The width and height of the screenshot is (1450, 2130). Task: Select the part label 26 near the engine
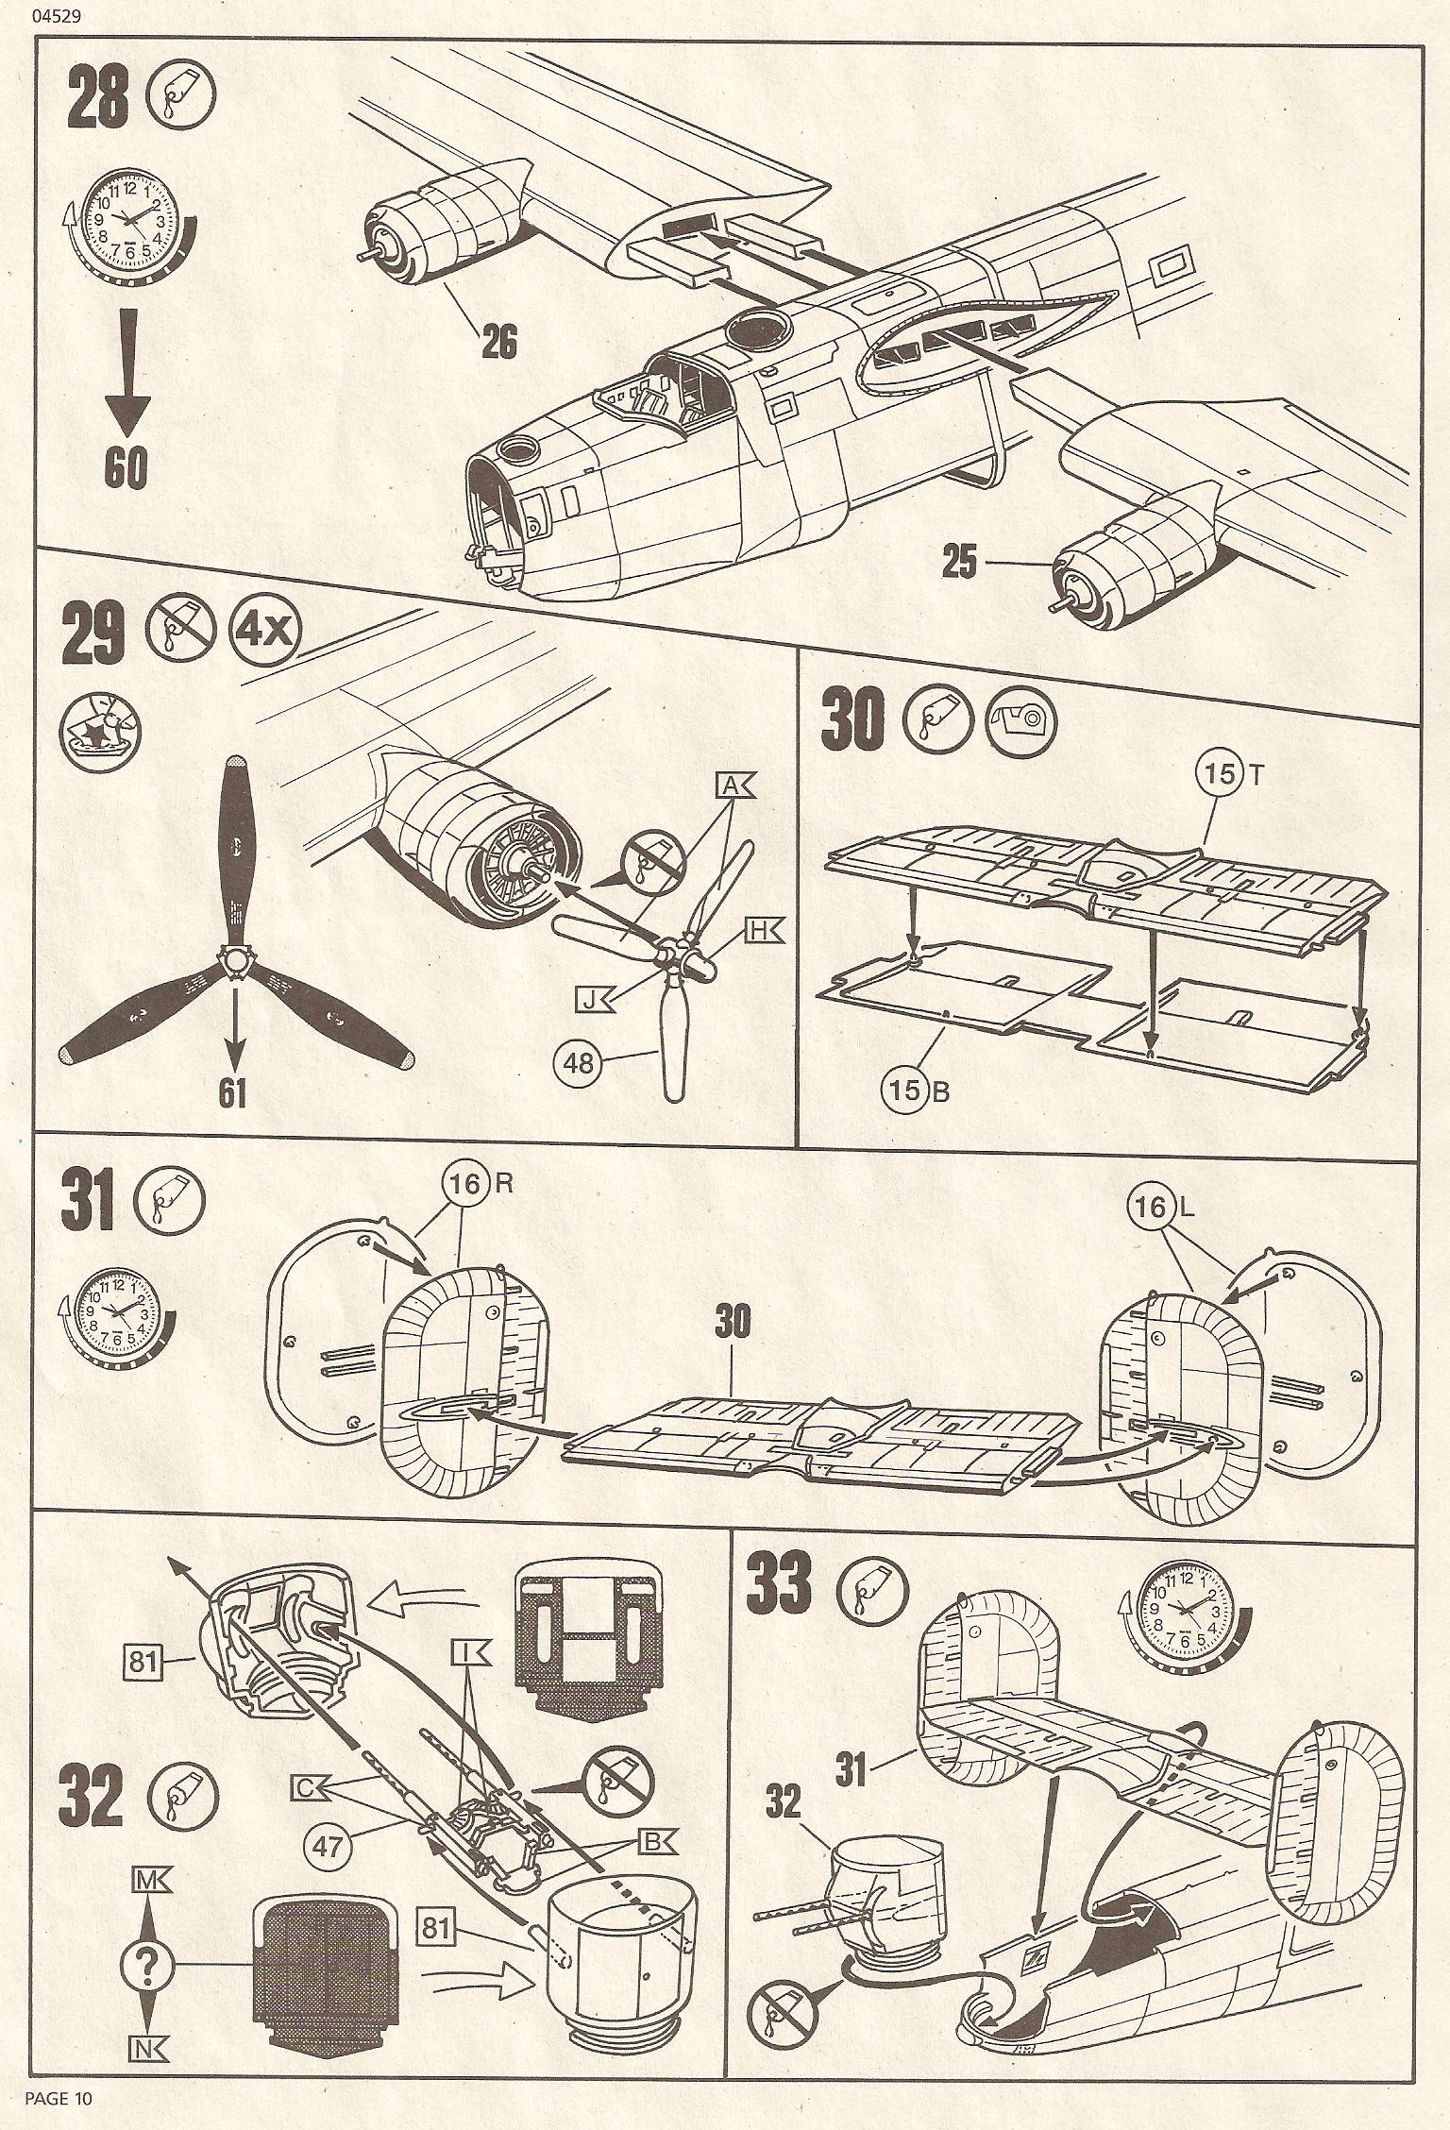coord(499,341)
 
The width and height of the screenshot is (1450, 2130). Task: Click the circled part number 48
coord(581,1062)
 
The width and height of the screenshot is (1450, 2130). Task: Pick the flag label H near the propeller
coord(758,929)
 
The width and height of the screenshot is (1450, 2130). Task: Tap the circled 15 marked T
coord(1220,773)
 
